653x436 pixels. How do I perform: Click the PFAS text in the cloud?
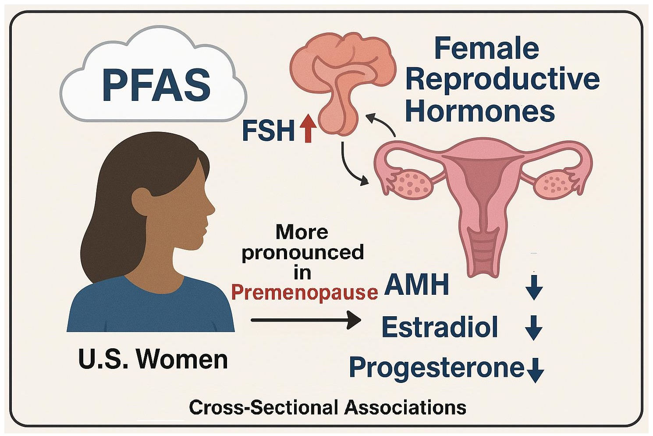pos(156,85)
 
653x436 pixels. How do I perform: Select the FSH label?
pos(268,131)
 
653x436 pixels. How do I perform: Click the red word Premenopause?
pos(304,292)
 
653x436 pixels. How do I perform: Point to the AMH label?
pos(416,285)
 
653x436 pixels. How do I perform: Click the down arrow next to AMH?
pos(534,288)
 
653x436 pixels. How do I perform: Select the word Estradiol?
pos(440,327)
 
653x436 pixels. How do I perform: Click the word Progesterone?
pos(437,367)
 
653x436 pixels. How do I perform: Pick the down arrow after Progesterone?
pos(535,369)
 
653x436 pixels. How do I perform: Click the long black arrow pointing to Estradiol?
pos(305,320)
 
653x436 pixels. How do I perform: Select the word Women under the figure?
pos(182,359)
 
